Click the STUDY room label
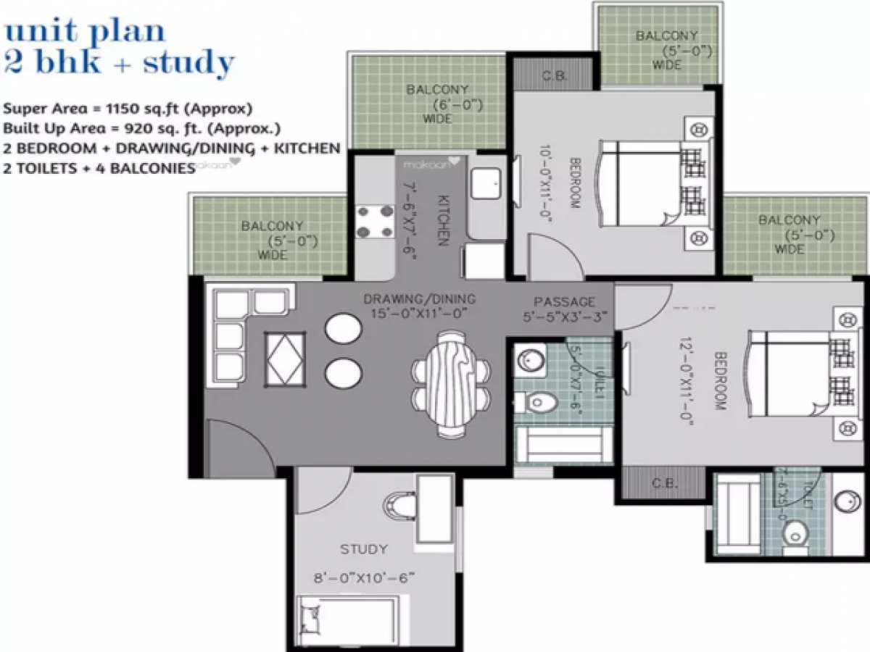click(x=363, y=549)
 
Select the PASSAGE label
click(x=564, y=301)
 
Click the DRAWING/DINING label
click(x=420, y=298)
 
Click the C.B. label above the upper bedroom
click(x=555, y=76)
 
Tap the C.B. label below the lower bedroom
click(x=664, y=483)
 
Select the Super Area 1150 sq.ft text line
click(x=128, y=110)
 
